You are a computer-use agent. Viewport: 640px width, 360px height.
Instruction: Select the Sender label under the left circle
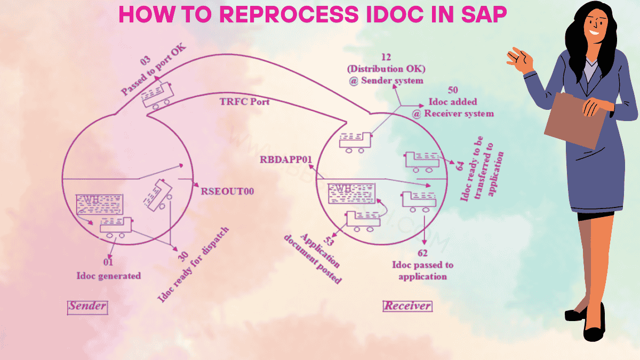(x=87, y=307)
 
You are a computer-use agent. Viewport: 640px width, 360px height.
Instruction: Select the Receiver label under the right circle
(x=407, y=306)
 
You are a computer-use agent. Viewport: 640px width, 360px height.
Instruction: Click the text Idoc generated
(x=108, y=276)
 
